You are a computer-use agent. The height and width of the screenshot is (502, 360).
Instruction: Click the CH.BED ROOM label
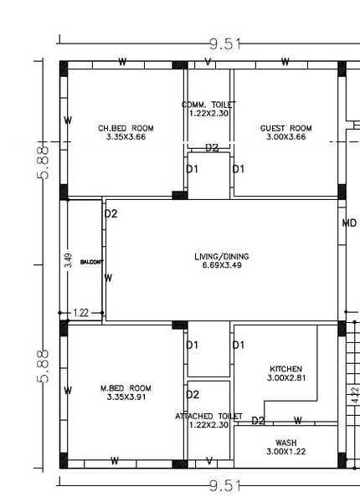click(x=126, y=128)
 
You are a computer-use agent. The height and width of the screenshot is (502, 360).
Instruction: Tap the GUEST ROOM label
click(x=285, y=128)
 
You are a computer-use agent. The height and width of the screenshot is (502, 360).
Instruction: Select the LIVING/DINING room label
click(x=221, y=256)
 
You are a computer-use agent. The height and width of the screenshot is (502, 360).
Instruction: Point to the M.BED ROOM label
click(x=126, y=388)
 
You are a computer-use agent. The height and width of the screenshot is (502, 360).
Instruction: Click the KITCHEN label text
click(x=285, y=369)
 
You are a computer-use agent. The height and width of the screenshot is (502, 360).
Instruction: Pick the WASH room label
click(x=285, y=443)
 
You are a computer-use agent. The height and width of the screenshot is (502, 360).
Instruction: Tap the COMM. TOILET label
click(x=208, y=105)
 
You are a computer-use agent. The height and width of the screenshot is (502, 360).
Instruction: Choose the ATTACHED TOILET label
click(x=208, y=416)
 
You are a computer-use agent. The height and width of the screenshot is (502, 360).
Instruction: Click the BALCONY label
click(x=91, y=262)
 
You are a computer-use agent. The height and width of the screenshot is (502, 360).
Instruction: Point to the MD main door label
click(x=349, y=224)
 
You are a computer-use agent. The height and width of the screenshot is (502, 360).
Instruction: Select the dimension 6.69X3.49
click(x=221, y=265)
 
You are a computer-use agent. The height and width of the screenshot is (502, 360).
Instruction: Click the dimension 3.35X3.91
click(x=126, y=397)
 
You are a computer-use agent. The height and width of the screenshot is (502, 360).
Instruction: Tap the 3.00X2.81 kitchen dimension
click(x=285, y=378)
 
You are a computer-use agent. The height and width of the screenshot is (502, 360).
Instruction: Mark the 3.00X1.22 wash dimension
click(x=285, y=452)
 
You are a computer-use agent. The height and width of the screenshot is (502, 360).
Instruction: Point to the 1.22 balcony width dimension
click(x=81, y=313)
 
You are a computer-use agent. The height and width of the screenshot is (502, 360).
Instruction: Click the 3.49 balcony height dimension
click(x=69, y=260)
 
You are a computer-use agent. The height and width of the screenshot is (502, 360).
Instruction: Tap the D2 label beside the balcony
click(x=111, y=214)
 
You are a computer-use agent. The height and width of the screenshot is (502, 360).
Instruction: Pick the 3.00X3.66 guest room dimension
click(x=285, y=136)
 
